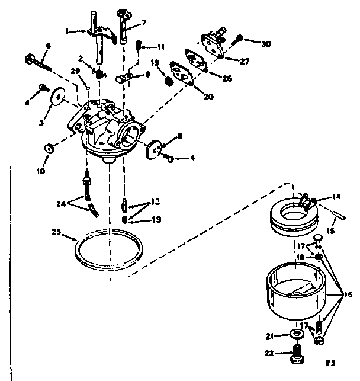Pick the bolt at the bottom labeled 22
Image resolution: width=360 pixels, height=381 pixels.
[x=297, y=357]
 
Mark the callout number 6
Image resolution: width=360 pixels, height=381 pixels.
[x=48, y=46]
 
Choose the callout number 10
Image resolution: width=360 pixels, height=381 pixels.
[x=41, y=172]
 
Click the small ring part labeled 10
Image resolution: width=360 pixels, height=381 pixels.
[x=50, y=147]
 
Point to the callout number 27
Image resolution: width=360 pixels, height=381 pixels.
[x=245, y=60]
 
